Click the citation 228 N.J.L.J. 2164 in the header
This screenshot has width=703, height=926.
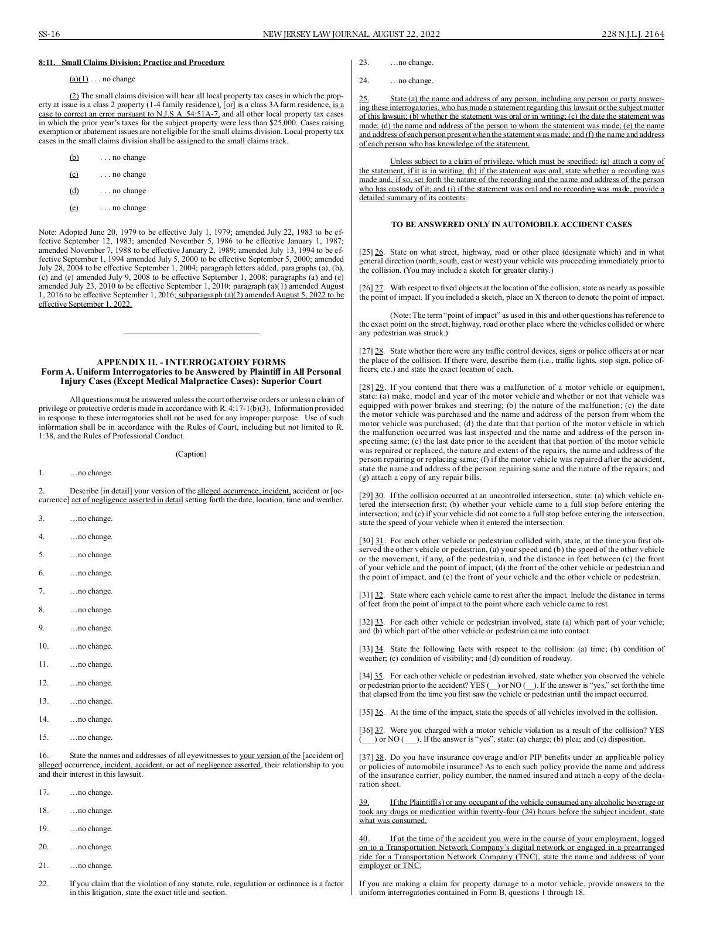[x=633, y=35]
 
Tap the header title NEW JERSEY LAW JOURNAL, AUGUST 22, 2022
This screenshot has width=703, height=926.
[x=351, y=35]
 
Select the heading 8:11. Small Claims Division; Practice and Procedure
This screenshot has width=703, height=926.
[x=131, y=63]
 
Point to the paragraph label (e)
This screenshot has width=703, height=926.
[x=74, y=208]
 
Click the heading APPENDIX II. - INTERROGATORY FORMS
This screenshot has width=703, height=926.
[x=191, y=362]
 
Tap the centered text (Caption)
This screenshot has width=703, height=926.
[x=191, y=454]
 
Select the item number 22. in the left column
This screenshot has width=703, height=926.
[x=44, y=884]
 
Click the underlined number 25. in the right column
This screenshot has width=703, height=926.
[x=364, y=99]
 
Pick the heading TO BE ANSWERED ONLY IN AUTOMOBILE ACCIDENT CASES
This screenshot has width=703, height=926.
[x=511, y=225]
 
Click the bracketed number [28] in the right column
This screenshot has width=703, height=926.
[x=366, y=387]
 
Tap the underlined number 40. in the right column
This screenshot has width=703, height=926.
[x=364, y=839]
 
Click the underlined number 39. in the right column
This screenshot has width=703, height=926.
[x=364, y=802]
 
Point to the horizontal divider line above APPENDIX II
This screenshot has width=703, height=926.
[x=191, y=334]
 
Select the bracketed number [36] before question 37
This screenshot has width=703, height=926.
[x=366, y=730]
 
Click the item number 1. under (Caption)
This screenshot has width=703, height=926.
[x=42, y=473]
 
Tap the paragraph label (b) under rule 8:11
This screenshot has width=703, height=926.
[x=74, y=157]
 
